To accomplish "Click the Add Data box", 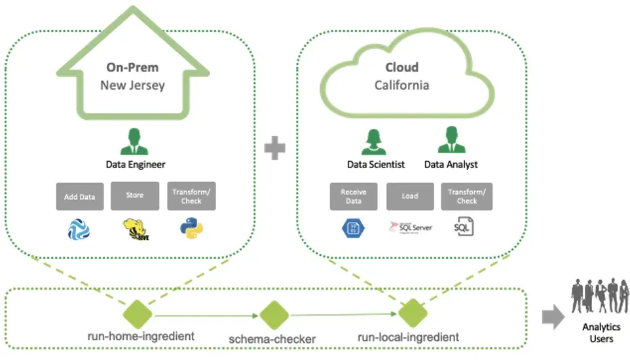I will click(80, 196).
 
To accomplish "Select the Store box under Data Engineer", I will click(135, 196).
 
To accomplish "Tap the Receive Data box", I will click(353, 196).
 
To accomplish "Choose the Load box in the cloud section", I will click(409, 196).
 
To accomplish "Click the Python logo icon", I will click(191, 228).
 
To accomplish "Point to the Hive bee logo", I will click(135, 228).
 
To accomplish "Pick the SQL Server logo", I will click(409, 227).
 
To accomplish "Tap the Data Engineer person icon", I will click(135, 141).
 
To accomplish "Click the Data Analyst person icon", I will click(451, 141).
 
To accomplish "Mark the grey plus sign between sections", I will click(276, 150).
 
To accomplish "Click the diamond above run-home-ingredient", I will click(139, 315).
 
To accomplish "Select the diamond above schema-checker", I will click(274, 316).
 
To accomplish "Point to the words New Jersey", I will click(132, 85).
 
